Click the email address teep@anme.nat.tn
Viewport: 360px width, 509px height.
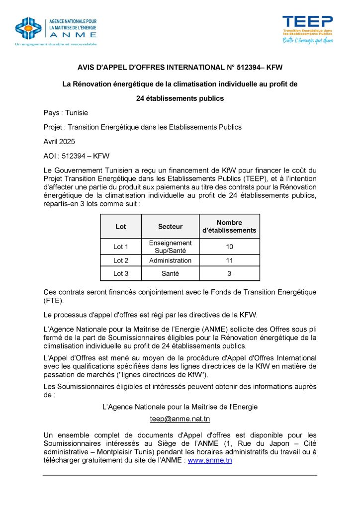(x=180, y=419)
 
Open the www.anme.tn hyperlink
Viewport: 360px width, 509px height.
(x=210, y=460)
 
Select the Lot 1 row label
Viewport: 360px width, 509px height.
(x=121, y=247)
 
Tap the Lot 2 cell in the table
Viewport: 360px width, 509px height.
(x=121, y=260)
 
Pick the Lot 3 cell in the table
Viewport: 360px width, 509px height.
(x=121, y=273)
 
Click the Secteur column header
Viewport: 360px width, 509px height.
(x=170, y=227)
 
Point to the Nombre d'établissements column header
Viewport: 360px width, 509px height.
(x=229, y=227)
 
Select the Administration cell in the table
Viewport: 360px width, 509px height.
(x=170, y=260)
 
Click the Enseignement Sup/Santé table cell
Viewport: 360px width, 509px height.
(x=170, y=247)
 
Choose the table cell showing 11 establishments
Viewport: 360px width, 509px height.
(x=229, y=260)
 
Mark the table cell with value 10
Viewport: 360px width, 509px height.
(x=229, y=247)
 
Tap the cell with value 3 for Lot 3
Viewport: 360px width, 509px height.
(x=229, y=273)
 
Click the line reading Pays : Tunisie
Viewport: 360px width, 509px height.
(x=66, y=113)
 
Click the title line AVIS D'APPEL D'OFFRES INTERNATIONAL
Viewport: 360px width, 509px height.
(x=180, y=67)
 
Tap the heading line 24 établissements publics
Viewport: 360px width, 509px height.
(x=180, y=98)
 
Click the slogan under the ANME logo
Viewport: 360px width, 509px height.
(x=56, y=44)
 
